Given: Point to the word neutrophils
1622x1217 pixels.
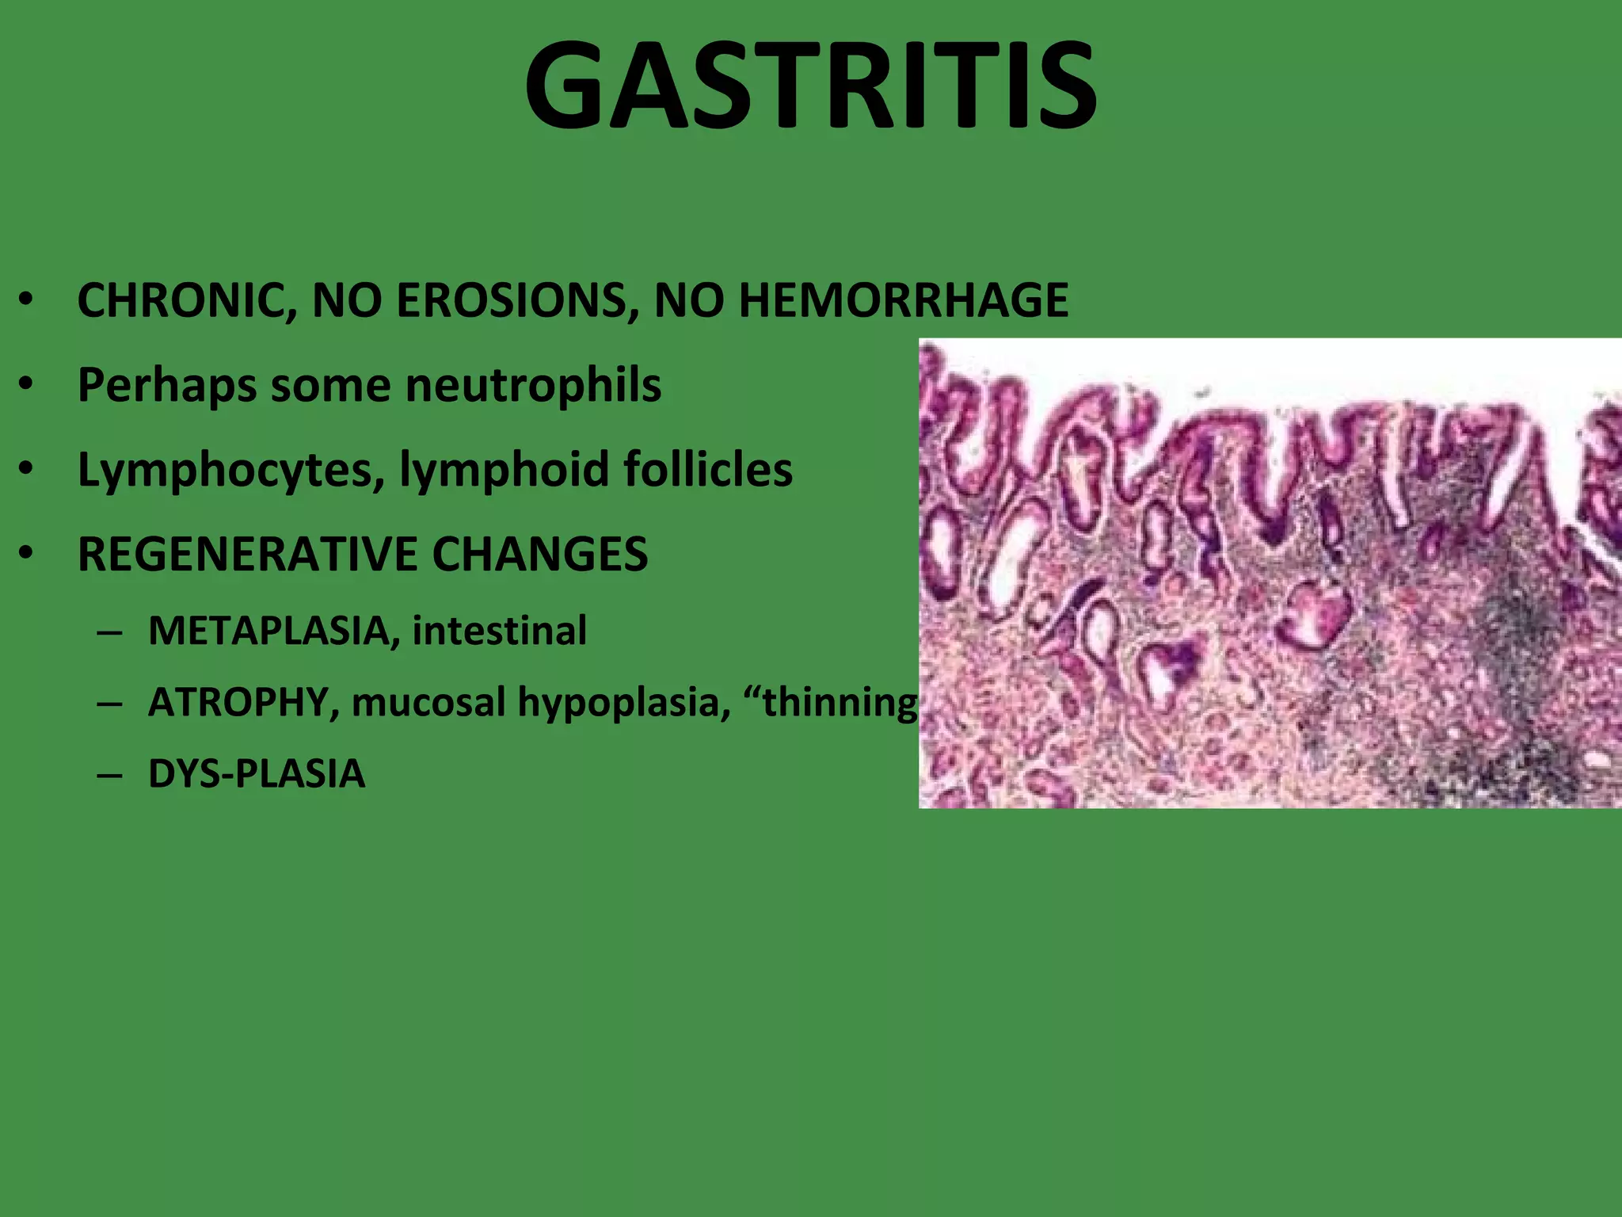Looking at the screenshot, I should [x=533, y=386].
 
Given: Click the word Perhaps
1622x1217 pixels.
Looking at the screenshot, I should [x=166, y=386].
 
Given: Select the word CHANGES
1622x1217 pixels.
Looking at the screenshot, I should [x=540, y=554].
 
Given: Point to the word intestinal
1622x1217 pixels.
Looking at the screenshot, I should [x=499, y=631].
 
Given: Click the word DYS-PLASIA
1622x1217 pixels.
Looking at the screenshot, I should [x=257, y=774].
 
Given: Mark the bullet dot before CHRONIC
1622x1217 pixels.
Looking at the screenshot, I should [x=27, y=301].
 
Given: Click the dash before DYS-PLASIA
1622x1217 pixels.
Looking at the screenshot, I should [x=109, y=774].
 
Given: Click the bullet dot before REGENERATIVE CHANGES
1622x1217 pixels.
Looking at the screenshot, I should [x=27, y=554].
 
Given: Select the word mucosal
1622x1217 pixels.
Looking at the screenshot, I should [x=428, y=703].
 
